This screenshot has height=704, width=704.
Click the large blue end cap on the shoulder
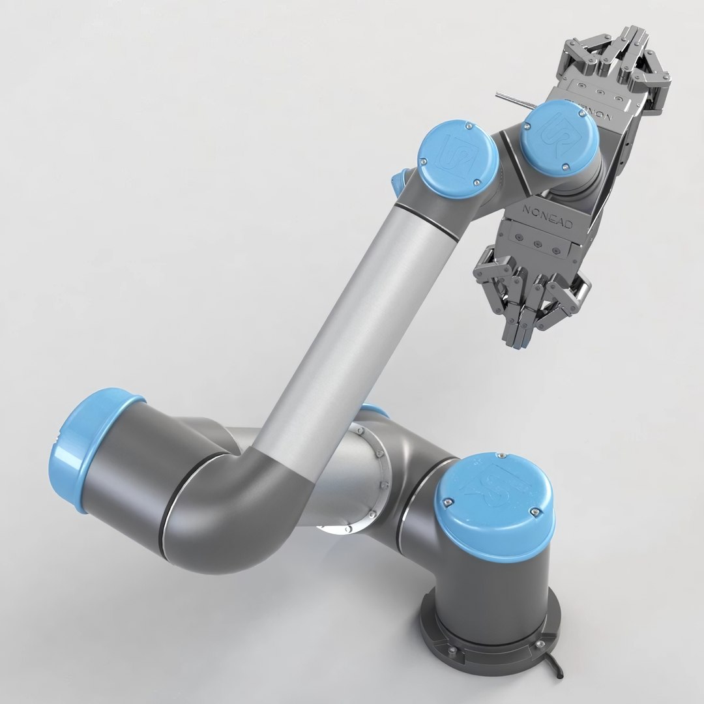click(x=76, y=450)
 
